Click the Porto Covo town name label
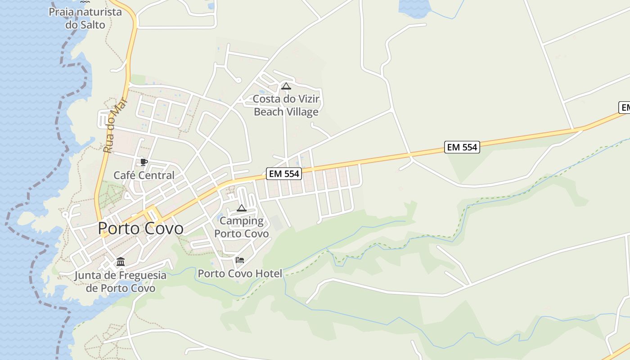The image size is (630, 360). click(x=140, y=229)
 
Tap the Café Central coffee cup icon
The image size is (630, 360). click(x=144, y=162)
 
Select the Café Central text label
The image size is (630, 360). click(x=144, y=175)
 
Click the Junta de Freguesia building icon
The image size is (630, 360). click(x=120, y=261)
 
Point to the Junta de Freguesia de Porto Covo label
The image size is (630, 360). click(x=120, y=282)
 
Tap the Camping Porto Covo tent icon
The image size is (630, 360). click(x=242, y=208)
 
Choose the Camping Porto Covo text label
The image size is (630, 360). click(x=241, y=227)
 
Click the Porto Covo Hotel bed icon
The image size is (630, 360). click(x=240, y=260)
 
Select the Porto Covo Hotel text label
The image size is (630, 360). click(x=240, y=274)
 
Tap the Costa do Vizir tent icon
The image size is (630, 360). click(x=286, y=86)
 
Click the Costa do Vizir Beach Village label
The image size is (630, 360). click(x=286, y=105)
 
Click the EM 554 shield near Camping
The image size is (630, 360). click(x=283, y=174)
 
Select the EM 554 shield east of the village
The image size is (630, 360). click(x=462, y=147)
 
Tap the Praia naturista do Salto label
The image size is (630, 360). click(x=85, y=18)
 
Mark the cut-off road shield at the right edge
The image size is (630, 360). click(x=625, y=108)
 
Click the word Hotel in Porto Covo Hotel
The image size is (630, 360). click(x=269, y=274)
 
